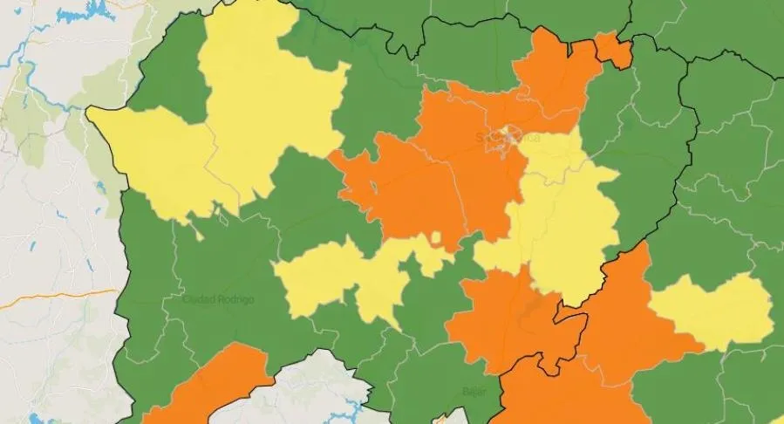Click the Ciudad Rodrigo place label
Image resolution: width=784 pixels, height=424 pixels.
click(x=218, y=299)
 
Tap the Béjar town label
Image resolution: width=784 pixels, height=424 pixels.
click(x=474, y=392)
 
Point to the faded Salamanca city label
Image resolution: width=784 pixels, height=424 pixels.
click(x=508, y=138)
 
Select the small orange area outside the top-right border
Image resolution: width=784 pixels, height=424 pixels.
click(x=616, y=51)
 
